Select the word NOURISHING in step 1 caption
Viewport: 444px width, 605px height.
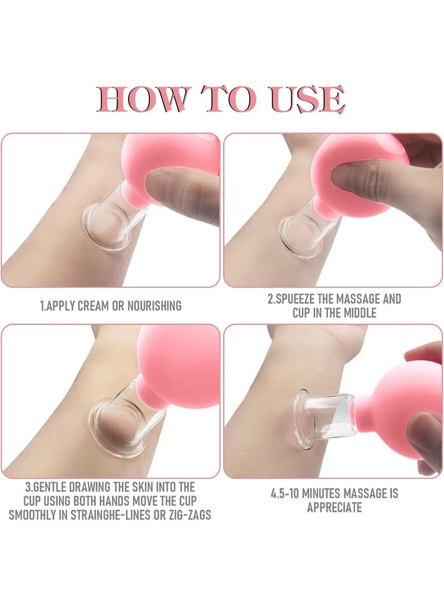[x=154, y=306]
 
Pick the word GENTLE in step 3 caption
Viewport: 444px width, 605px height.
[x=48, y=486]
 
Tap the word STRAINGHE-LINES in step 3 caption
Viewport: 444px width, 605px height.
[x=110, y=515]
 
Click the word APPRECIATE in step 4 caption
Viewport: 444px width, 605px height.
[x=334, y=507]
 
